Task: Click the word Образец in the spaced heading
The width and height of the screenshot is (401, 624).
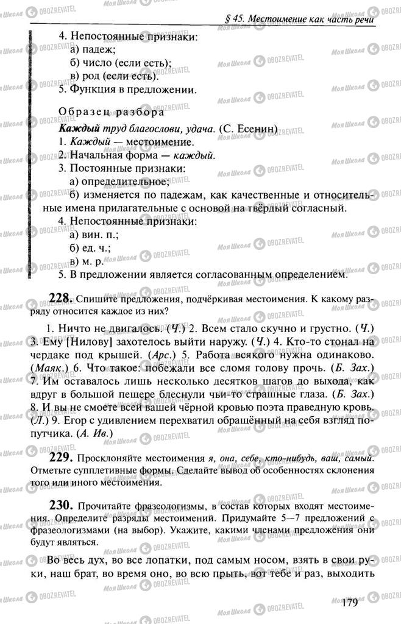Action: (x=85, y=113)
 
